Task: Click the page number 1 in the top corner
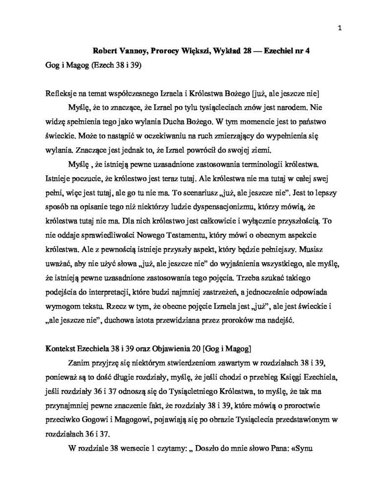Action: point(339,28)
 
